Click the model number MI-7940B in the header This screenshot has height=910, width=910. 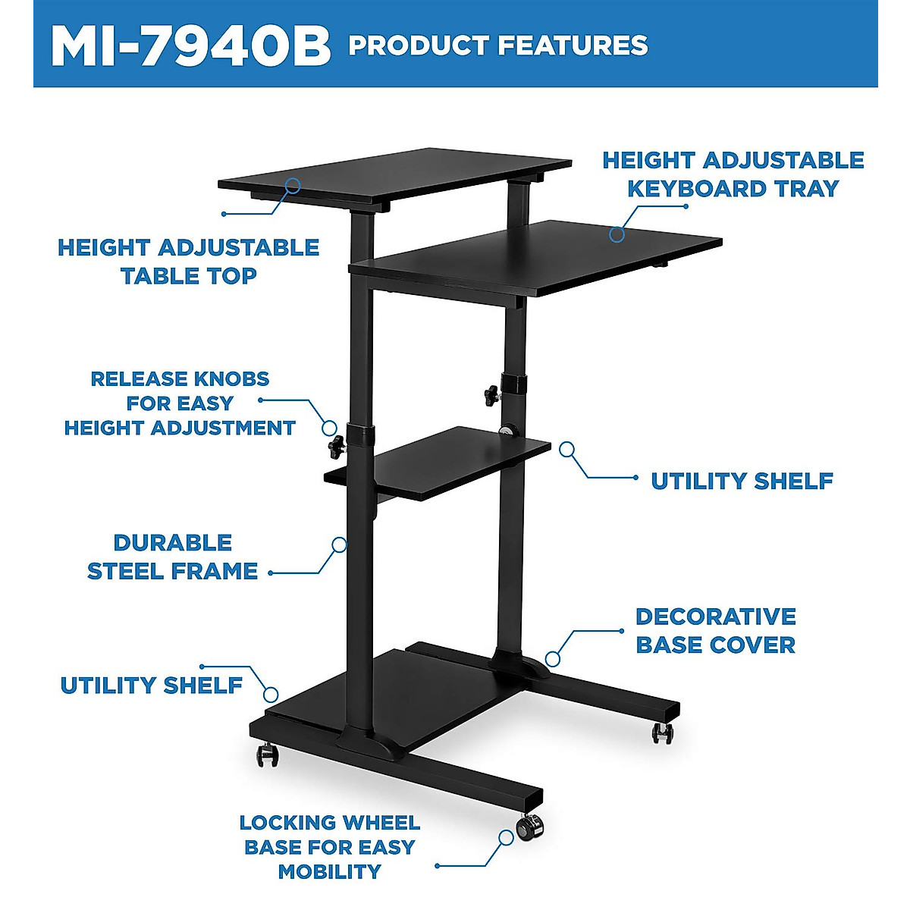click(190, 46)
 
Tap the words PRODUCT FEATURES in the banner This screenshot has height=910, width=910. click(497, 45)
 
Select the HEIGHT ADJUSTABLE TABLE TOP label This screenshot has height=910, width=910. click(188, 262)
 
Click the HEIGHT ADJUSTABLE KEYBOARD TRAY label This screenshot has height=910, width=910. click(733, 174)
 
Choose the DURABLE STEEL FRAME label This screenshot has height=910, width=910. click(173, 557)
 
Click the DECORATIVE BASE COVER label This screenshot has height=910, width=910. click(715, 630)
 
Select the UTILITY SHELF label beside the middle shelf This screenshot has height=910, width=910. click(742, 481)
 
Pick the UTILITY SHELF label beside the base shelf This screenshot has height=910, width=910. click(151, 685)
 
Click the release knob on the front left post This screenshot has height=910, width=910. click(336, 447)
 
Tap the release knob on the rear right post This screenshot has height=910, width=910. click(492, 394)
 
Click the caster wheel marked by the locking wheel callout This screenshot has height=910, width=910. click(528, 826)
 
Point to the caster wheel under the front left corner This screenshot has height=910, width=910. click(265, 755)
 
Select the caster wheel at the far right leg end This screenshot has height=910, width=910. click(662, 733)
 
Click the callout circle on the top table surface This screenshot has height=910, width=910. click(293, 185)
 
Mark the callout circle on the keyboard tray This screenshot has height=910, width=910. click(617, 234)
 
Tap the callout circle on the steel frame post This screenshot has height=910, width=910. click(340, 544)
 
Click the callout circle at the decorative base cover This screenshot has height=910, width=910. click(553, 659)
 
